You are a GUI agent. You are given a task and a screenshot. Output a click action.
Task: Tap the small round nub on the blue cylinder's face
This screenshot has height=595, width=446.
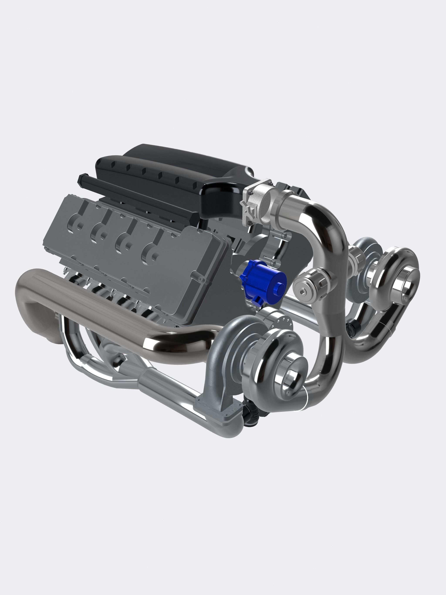[x=277, y=289]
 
